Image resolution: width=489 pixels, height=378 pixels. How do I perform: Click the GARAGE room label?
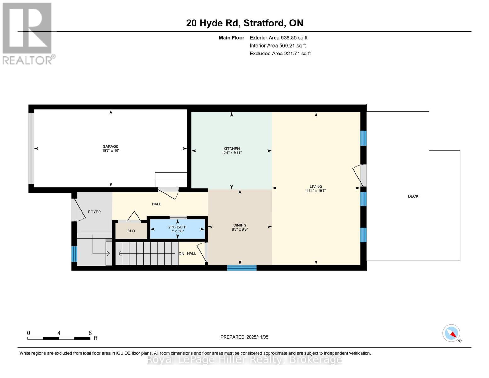110,146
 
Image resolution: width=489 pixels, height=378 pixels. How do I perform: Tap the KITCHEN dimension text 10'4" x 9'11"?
231,153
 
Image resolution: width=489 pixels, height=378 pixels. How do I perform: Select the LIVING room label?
316,186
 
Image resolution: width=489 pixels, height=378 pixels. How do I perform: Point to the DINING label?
240,225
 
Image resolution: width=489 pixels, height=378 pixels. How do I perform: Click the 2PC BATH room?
177,229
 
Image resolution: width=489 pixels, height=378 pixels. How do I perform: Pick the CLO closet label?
131,231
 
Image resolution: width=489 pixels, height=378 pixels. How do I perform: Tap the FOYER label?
94,212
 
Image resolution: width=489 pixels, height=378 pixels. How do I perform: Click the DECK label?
413,196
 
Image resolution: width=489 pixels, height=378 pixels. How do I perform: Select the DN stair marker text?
181,254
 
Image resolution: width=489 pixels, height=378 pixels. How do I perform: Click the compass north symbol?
452,333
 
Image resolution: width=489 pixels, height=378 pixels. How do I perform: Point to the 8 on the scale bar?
90,333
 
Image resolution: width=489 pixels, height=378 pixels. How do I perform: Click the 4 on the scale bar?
59,333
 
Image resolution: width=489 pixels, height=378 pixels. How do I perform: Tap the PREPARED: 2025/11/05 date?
244,337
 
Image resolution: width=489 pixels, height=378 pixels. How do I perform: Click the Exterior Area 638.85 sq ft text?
278,38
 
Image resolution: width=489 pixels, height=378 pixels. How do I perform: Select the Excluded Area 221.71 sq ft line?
280,54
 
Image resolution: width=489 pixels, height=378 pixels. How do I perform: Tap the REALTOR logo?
28,33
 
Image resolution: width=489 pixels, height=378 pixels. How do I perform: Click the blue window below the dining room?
242,268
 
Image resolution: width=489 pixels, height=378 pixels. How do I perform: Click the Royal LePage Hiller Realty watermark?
244,359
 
